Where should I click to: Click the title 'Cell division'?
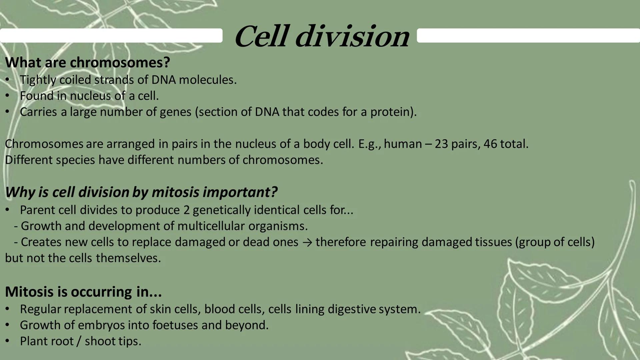tap(322, 37)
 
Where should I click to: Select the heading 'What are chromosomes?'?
tap(87, 62)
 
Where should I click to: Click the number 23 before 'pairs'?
tap(441, 144)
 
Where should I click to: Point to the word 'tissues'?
tap(495, 242)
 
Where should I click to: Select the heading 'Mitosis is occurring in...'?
tap(83, 292)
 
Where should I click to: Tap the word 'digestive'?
tap(352, 309)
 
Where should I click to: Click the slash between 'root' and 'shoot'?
tap(79, 341)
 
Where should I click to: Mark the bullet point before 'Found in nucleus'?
tap(7, 96)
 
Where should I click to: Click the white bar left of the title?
tap(111, 35)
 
